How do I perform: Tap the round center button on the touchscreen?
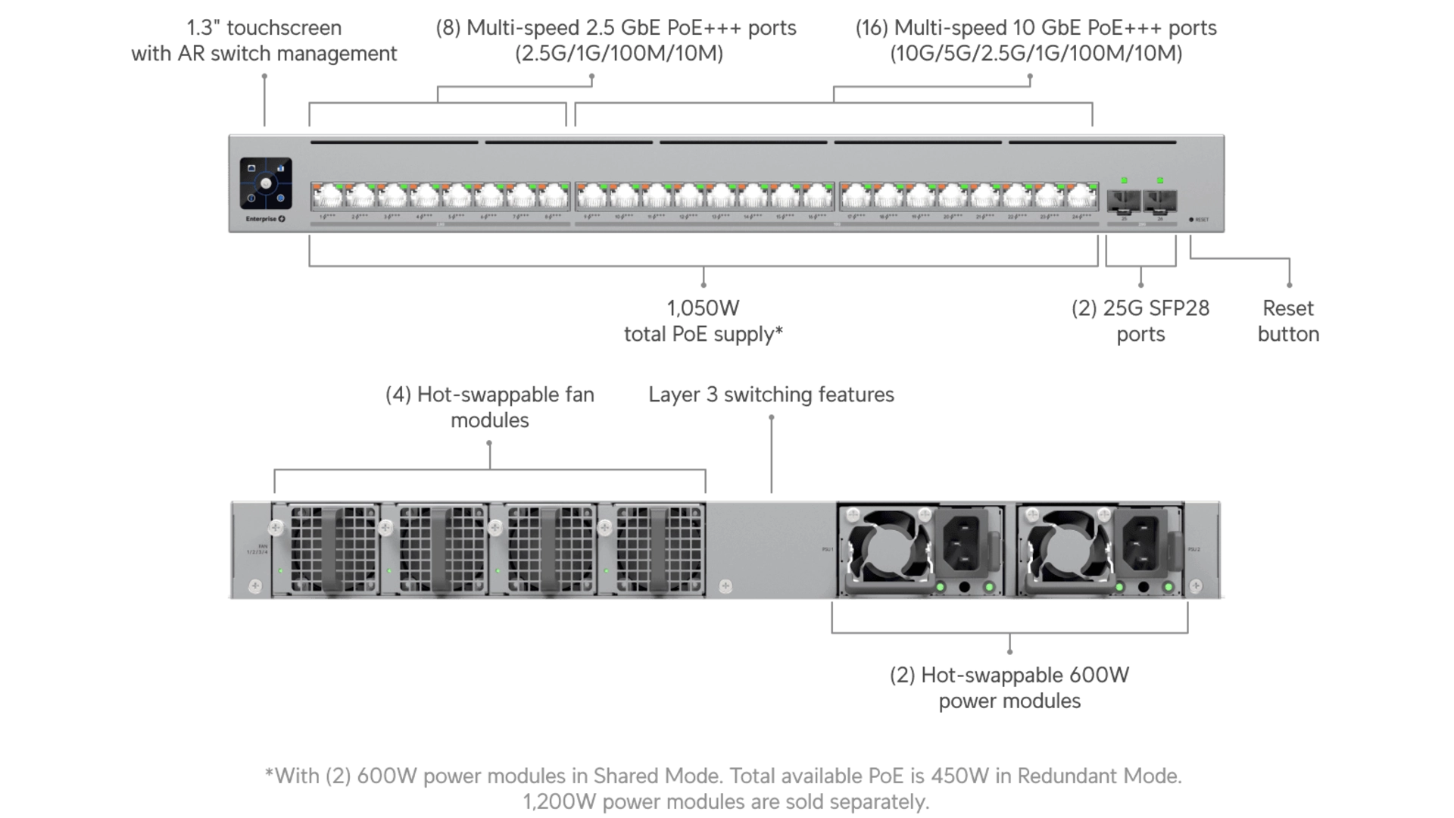click(x=266, y=184)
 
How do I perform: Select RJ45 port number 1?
click(x=327, y=198)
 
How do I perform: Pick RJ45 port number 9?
click(x=592, y=198)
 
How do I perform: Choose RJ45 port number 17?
click(x=856, y=198)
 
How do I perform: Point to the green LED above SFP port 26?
click(x=1160, y=180)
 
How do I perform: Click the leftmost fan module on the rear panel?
click(x=326, y=550)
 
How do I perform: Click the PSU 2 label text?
click(x=1194, y=548)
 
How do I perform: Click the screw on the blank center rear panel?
click(x=725, y=586)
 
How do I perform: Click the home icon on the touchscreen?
click(x=252, y=169)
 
